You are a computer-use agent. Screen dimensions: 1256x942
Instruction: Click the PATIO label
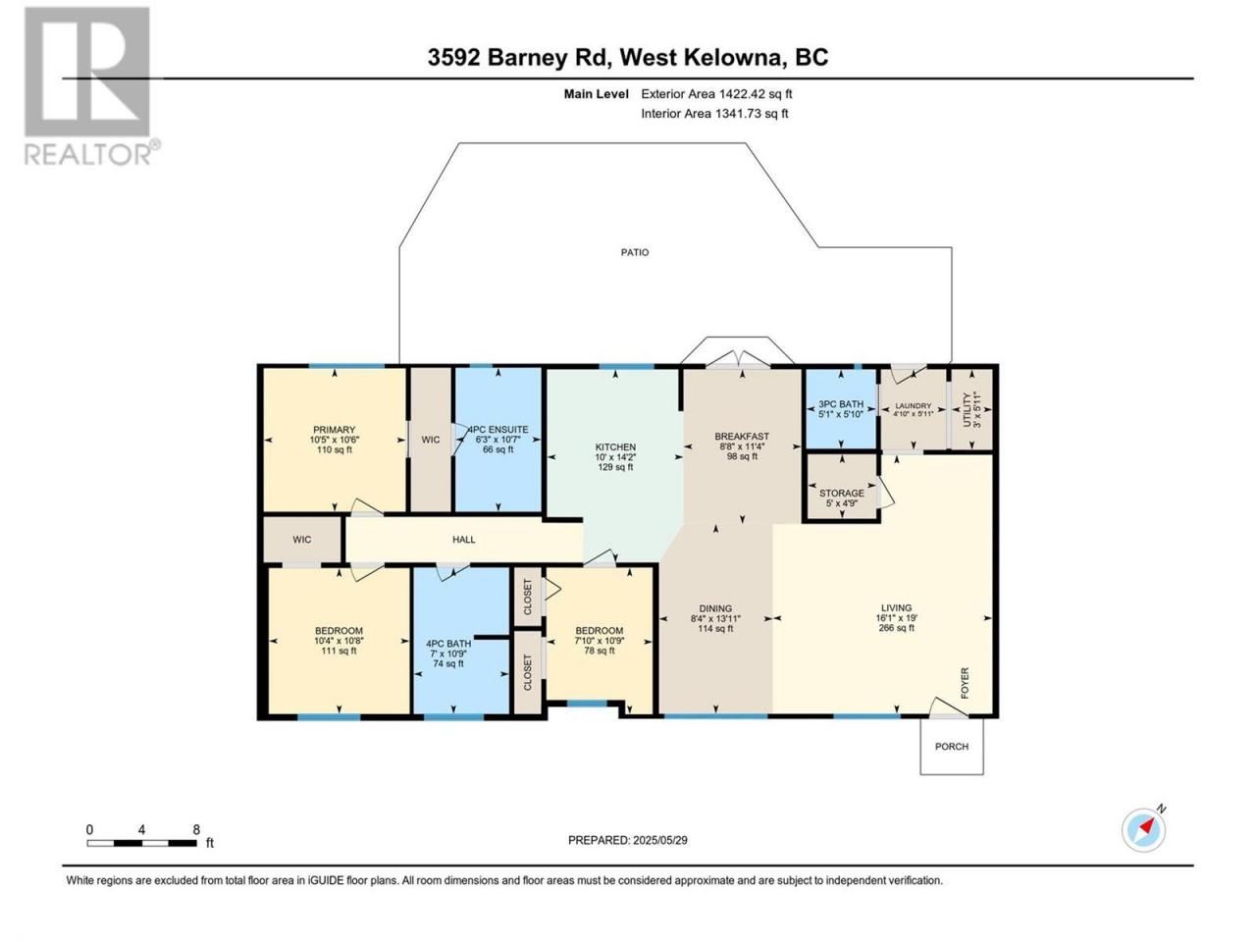coord(635,252)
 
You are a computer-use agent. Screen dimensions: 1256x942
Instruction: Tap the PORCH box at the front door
coord(952,746)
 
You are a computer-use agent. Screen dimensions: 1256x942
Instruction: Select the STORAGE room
coord(841,488)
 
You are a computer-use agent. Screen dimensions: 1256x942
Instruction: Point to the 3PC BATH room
coord(841,408)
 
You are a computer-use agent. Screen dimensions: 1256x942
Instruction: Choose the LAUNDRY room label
coord(914,405)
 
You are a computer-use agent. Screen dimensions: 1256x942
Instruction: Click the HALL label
coord(463,540)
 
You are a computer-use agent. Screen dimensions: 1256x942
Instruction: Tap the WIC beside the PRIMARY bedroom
coord(431,440)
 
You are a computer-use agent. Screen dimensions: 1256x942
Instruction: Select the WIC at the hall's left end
coord(301,540)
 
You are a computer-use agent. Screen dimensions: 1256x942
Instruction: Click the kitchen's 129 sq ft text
coord(615,467)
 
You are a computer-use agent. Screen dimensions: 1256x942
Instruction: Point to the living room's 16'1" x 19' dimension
coord(896,618)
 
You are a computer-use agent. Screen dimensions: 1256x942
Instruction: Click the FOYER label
coord(965,682)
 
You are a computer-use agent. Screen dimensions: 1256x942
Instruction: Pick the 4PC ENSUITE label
coord(497,430)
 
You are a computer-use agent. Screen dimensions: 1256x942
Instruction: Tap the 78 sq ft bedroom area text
coord(600,651)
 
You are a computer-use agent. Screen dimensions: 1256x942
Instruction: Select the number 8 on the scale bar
coord(196,829)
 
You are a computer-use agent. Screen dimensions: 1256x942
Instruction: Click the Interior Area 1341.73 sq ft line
coord(714,113)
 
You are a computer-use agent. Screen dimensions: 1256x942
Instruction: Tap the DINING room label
coord(715,608)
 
